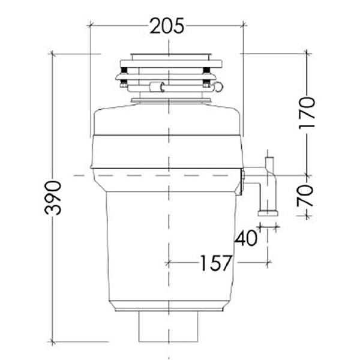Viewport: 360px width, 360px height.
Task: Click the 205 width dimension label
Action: (x=167, y=26)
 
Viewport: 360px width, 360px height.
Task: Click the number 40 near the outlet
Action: (x=247, y=238)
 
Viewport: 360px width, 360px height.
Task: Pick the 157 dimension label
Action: (x=215, y=262)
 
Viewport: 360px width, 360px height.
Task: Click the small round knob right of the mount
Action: (x=218, y=87)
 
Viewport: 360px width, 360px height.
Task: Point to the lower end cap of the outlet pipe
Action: (x=268, y=212)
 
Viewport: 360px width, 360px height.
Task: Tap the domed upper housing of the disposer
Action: (x=167, y=120)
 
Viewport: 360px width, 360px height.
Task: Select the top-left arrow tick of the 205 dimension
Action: (x=91, y=25)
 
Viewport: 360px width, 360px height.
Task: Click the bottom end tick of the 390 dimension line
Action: (x=53, y=342)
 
